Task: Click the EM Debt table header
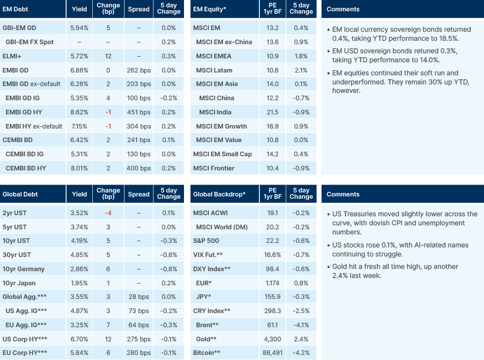click(x=16, y=9)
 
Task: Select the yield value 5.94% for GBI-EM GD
click(x=80, y=28)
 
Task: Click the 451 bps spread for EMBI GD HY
click(x=139, y=112)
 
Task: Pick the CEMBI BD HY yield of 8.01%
click(x=80, y=168)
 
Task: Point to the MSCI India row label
click(x=217, y=112)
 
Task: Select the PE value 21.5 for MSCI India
click(x=272, y=112)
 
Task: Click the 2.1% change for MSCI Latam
click(x=301, y=70)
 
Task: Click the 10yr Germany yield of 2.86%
click(x=80, y=269)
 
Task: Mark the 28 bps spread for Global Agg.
click(x=139, y=297)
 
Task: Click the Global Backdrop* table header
click(x=219, y=194)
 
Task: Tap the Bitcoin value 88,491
click(x=272, y=353)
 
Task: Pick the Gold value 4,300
click(x=272, y=339)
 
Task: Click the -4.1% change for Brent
click(x=301, y=325)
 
